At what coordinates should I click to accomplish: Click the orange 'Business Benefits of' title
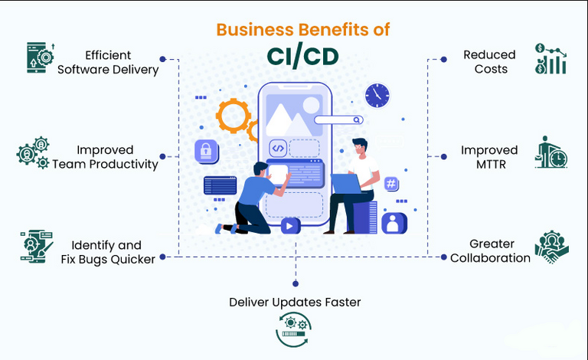(x=302, y=30)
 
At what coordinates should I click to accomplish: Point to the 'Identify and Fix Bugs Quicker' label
(x=108, y=251)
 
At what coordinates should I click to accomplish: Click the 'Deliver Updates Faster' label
(x=295, y=302)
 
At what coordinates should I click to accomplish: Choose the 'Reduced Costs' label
(x=489, y=62)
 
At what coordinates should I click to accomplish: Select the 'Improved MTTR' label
(x=489, y=157)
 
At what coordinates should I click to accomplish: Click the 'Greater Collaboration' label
(x=490, y=251)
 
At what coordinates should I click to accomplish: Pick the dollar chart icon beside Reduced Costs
(x=551, y=59)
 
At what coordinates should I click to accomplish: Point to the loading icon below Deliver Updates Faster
(x=294, y=331)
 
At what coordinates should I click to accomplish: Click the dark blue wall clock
(x=377, y=96)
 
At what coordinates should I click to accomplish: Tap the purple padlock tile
(x=207, y=152)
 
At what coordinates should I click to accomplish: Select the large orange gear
(x=233, y=116)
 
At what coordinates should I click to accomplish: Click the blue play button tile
(x=289, y=225)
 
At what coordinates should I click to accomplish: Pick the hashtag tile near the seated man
(x=391, y=184)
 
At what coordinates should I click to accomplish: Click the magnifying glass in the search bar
(x=357, y=119)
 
